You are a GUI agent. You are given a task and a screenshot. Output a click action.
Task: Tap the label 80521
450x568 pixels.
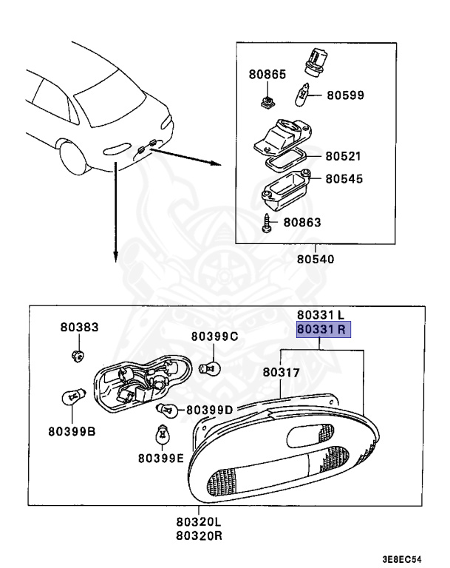click(x=344, y=156)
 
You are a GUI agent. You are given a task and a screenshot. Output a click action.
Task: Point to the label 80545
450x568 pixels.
click(x=344, y=178)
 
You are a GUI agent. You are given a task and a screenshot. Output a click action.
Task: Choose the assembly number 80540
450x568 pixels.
click(x=316, y=260)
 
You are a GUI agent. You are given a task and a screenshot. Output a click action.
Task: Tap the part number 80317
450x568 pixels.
click(x=282, y=373)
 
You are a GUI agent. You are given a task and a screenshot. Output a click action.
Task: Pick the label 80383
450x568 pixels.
click(x=78, y=327)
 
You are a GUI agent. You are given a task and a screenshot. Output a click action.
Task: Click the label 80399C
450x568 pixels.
click(x=214, y=337)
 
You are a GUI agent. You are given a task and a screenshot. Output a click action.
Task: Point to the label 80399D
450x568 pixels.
click(x=210, y=409)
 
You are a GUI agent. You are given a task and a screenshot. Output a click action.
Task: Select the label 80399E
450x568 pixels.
click(x=160, y=458)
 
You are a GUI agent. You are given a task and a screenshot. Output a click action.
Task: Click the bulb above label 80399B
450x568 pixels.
click(x=72, y=398)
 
